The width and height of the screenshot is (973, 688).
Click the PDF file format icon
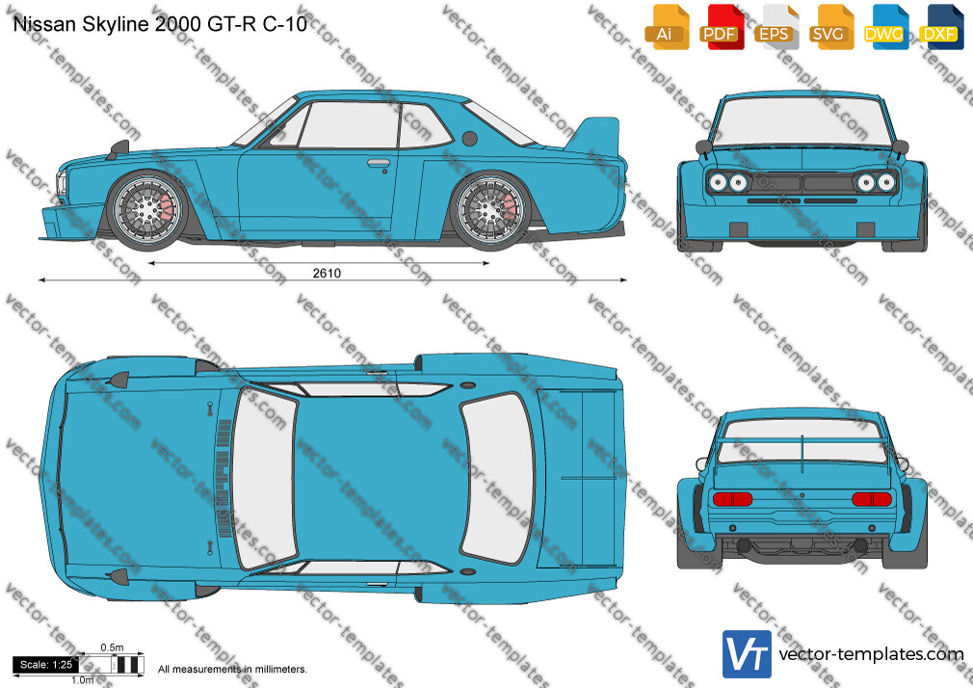[722, 27]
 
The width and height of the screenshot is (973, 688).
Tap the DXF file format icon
[942, 27]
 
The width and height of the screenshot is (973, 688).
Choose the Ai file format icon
[667, 27]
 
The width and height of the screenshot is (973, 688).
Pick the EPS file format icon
[776, 27]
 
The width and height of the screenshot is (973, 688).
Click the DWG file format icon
[886, 27]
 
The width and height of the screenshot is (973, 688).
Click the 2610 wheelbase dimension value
[327, 274]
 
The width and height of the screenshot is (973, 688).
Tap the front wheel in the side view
[147, 210]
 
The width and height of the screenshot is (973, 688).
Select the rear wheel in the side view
[490, 210]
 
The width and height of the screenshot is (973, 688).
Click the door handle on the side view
[379, 163]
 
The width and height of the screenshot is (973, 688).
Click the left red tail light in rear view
[732, 498]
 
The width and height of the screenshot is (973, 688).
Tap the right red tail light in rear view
[872, 498]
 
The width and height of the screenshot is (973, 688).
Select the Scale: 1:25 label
[46, 665]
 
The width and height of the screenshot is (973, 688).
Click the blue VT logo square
[748, 654]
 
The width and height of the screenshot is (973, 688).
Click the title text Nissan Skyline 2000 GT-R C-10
[160, 24]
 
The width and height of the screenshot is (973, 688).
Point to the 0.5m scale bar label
[112, 648]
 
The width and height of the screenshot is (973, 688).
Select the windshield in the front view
[802, 121]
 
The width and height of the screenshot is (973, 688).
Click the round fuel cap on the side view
[470, 139]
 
